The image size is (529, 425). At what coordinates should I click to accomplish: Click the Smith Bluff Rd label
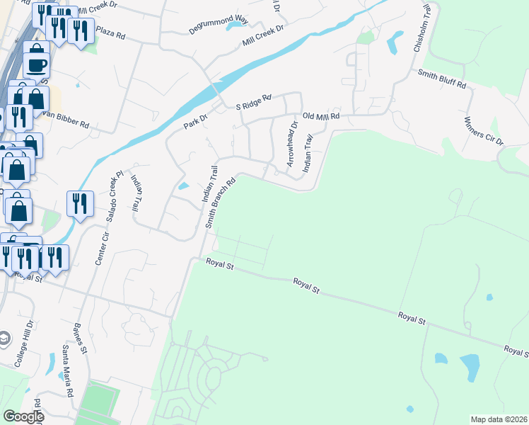pyautogui.click(x=442, y=79)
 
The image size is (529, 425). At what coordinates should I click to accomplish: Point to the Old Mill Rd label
pyautogui.click(x=321, y=115)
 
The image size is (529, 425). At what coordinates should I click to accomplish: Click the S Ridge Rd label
pyautogui.click(x=253, y=103)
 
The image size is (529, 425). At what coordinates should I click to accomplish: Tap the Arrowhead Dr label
pyautogui.click(x=292, y=144)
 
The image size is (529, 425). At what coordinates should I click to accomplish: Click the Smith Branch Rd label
pyautogui.click(x=219, y=202)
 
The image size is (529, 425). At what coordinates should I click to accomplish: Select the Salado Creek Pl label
pyautogui.click(x=114, y=195)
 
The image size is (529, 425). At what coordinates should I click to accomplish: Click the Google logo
pyautogui.click(x=23, y=416)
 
